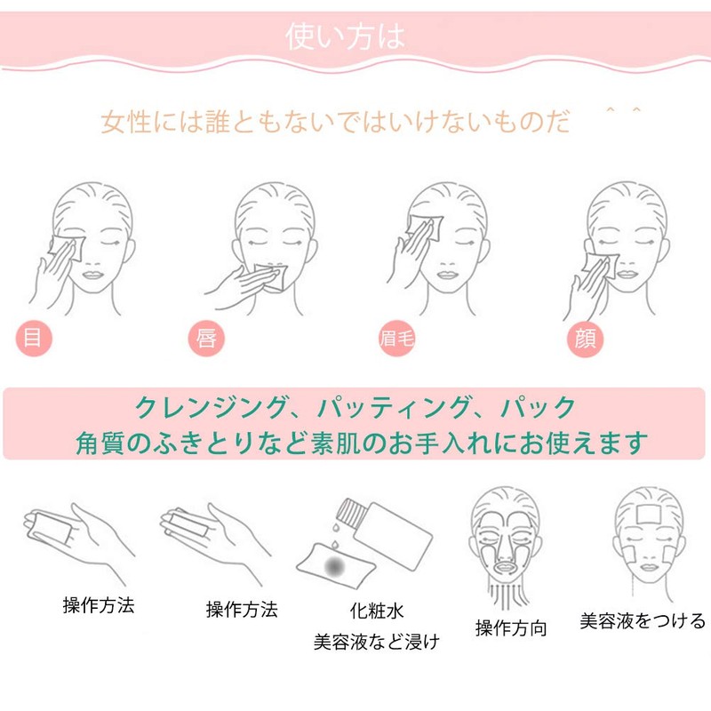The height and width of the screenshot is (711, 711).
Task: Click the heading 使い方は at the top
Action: click(346, 36)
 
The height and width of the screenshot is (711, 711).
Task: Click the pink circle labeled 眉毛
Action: click(392, 339)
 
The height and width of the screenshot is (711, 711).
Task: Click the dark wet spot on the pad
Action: click(335, 564)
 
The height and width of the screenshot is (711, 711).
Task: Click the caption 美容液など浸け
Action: click(376, 640)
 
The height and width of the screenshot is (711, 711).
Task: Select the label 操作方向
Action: click(511, 627)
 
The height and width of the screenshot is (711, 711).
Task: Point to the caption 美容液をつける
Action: click(643, 619)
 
